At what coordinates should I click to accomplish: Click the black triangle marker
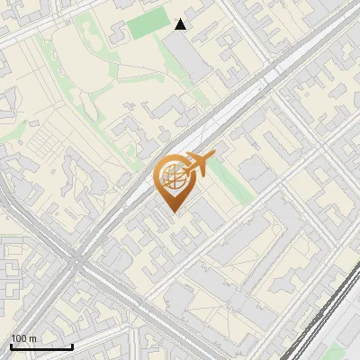point(181,24)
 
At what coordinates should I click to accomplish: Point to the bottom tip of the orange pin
point(173,213)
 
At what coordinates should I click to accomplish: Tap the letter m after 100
point(33,339)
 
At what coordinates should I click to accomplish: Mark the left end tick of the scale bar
point(11,346)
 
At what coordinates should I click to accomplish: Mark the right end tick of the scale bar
point(72,346)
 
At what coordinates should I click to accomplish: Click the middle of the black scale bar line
point(41,347)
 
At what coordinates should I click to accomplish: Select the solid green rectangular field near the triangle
point(148,24)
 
